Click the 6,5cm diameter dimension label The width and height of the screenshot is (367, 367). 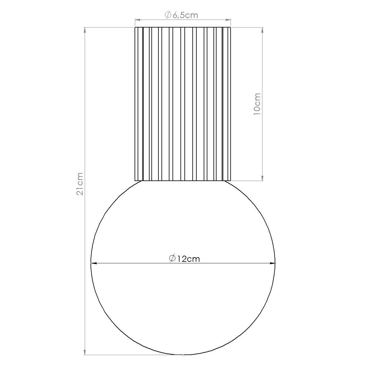pyautogui.click(x=182, y=15)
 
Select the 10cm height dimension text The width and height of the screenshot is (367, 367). pyautogui.click(x=257, y=104)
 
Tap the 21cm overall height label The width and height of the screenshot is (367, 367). pyautogui.click(x=80, y=184)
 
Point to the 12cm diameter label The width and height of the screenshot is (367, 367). pyautogui.click(x=185, y=259)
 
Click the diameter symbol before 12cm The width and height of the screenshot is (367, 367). pyautogui.click(x=172, y=258)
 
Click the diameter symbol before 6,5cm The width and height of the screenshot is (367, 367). pyautogui.click(x=168, y=15)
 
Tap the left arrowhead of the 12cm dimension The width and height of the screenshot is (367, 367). pyautogui.click(x=94, y=263)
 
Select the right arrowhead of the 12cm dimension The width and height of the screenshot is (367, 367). pyautogui.click(x=272, y=263)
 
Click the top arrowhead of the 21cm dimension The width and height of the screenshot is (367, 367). pyautogui.click(x=85, y=30)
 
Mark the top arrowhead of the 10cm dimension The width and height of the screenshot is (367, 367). pyautogui.click(x=262, y=30)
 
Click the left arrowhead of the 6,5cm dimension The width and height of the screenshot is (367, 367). pyautogui.click(x=138, y=20)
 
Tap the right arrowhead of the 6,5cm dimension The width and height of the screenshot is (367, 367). pyautogui.click(x=228, y=20)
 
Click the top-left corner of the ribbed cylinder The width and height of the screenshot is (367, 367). pyautogui.click(x=135, y=28)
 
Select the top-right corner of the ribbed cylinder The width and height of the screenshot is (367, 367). pyautogui.click(x=231, y=28)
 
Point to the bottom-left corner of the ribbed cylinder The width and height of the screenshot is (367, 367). pyautogui.click(x=135, y=180)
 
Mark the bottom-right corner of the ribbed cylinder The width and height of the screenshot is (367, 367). pyautogui.click(x=231, y=180)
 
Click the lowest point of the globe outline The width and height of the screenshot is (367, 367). pyautogui.click(x=183, y=354)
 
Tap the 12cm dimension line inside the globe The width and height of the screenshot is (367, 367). pyautogui.click(x=138, y=263)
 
